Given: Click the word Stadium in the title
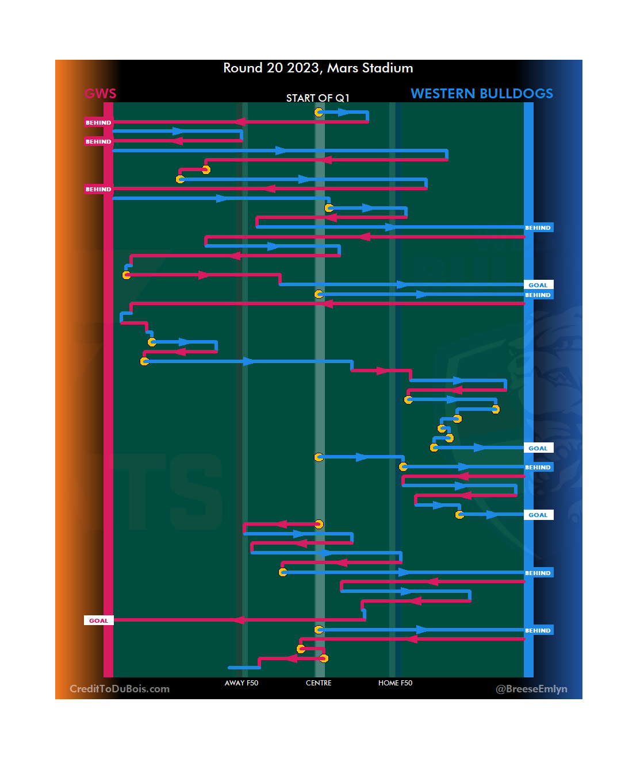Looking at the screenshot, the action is [387, 68].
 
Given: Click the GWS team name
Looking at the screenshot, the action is [101, 94].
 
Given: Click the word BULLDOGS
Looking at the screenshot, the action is [516, 94].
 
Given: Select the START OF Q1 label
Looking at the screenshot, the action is [317, 98].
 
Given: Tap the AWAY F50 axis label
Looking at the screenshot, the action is [241, 683].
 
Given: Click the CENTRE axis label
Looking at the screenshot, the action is [319, 683].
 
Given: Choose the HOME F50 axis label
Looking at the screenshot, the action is [395, 683].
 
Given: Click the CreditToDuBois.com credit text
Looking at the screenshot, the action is [120, 689].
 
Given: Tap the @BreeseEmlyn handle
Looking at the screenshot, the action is [531, 689].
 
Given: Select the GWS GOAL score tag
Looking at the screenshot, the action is [98, 620].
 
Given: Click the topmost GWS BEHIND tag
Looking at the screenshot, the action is [98, 122].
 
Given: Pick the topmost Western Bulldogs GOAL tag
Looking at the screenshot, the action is [538, 285].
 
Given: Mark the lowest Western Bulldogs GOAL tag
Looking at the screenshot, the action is [538, 515].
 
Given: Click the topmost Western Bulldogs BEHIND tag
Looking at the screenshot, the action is [538, 228].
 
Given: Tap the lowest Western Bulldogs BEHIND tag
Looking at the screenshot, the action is [538, 630].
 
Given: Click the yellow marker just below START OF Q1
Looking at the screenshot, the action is [319, 112].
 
